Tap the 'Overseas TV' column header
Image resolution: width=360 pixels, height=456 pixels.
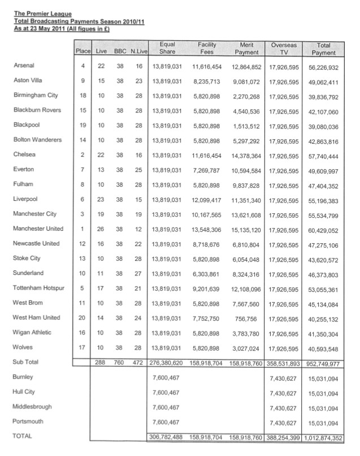pos(284,48)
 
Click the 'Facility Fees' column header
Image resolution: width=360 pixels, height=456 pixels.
pos(207,48)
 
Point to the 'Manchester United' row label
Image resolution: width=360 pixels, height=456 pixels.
pos(38,229)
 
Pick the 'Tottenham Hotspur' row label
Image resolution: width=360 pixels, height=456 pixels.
pos(38,287)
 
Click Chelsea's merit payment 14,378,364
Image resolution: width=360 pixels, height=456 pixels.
pos(246,155)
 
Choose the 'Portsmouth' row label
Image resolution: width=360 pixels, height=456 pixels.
pos(29,421)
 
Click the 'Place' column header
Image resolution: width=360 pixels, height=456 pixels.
pos(83,51)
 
